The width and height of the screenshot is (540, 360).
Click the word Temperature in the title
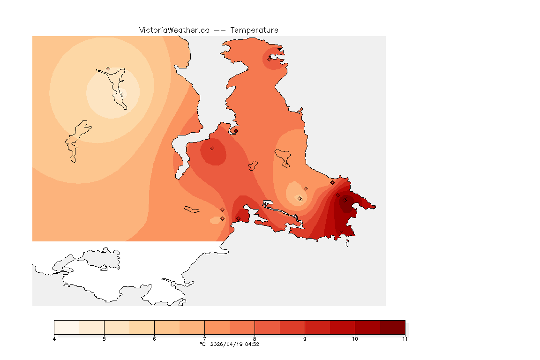(x=255, y=30)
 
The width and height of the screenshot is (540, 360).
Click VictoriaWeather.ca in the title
(x=174, y=30)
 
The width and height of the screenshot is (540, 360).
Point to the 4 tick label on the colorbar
(x=54, y=339)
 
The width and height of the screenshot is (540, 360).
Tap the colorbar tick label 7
(x=204, y=339)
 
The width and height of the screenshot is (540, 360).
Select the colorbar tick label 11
(x=405, y=339)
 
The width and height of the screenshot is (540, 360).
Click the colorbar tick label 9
(x=305, y=339)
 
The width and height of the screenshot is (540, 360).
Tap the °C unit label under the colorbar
(x=202, y=344)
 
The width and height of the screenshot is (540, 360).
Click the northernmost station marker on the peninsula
(x=270, y=59)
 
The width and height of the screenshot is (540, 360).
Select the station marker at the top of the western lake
(x=108, y=68)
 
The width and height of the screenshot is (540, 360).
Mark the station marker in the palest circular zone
(x=122, y=94)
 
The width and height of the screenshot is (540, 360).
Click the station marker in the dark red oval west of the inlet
(x=212, y=148)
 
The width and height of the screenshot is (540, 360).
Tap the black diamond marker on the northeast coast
(x=332, y=182)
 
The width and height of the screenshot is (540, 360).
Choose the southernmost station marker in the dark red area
(x=341, y=230)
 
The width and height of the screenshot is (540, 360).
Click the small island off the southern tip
(x=347, y=243)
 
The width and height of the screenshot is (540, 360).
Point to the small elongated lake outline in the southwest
(x=192, y=209)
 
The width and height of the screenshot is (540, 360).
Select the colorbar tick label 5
(x=104, y=339)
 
